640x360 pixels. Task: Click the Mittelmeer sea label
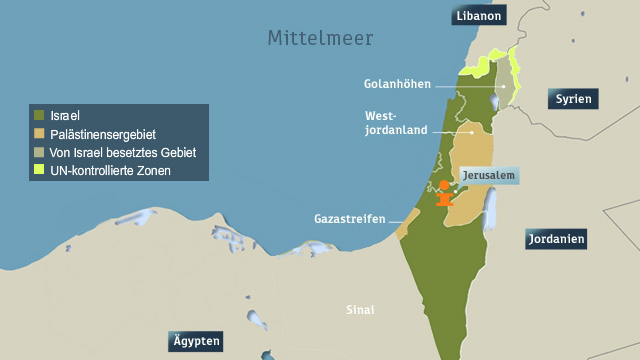tap(320, 39)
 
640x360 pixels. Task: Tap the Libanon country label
tap(479, 16)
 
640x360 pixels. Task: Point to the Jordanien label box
tap(555, 240)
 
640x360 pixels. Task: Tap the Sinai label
tap(359, 310)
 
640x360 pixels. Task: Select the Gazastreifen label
tap(350, 218)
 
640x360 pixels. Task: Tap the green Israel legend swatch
tap(39, 116)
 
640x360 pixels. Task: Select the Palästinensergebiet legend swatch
tap(39, 134)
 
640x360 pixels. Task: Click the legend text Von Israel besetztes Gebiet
tap(122, 152)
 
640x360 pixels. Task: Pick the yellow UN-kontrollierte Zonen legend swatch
tap(39, 170)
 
